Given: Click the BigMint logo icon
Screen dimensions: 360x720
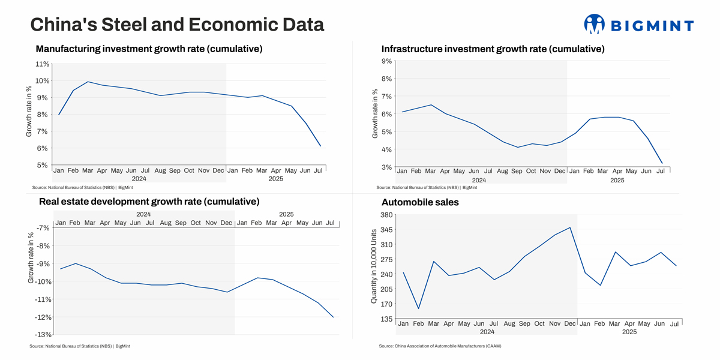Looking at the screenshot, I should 594,24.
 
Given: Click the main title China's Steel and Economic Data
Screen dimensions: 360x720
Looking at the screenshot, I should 177,25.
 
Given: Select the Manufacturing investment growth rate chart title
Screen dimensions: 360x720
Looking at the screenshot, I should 149,49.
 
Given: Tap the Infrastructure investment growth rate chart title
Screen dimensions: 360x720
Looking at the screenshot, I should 493,49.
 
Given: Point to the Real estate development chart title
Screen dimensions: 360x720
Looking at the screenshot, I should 149,201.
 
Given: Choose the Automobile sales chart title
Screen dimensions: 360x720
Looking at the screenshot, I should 420,202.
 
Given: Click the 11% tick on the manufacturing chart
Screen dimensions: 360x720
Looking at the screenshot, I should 42,64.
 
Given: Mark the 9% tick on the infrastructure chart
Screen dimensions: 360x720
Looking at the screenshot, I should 386,61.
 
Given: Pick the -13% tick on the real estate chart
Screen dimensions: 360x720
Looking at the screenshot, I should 42,334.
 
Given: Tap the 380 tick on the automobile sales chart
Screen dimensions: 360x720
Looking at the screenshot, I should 386,215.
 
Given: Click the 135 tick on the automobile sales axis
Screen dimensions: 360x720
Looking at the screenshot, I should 386,319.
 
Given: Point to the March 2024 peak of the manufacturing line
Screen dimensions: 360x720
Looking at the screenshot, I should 88,82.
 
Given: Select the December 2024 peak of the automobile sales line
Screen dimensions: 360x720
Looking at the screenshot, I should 570,227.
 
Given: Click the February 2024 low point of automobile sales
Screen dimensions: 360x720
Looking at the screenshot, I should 418,309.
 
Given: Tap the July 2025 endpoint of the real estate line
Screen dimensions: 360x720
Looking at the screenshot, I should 333,317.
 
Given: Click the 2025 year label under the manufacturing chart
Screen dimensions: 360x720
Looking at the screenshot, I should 276,179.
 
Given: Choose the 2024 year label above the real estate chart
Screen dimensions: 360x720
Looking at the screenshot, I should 143,214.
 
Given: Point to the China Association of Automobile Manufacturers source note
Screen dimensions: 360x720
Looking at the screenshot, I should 440,346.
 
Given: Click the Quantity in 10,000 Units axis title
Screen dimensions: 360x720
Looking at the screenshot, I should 374,265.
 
